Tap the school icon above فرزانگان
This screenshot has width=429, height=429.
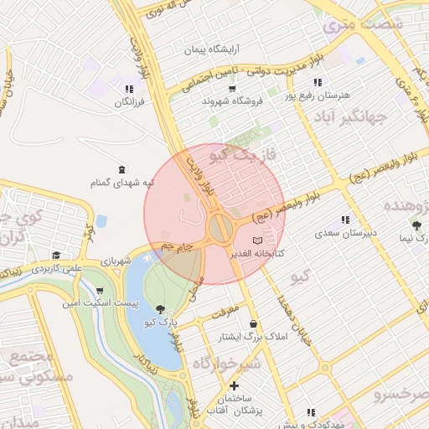coord(129,88)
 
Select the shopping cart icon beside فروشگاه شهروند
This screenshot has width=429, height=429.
coord(232,88)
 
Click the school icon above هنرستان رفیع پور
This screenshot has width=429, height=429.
coord(317,82)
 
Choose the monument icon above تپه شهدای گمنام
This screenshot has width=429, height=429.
coord(121,169)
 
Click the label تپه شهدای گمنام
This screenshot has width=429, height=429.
coord(122,183)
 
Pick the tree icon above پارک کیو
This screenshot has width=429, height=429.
coord(160,308)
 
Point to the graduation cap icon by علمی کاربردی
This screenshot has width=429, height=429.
coord(56,256)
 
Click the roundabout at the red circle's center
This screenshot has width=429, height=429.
coord(221,228)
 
